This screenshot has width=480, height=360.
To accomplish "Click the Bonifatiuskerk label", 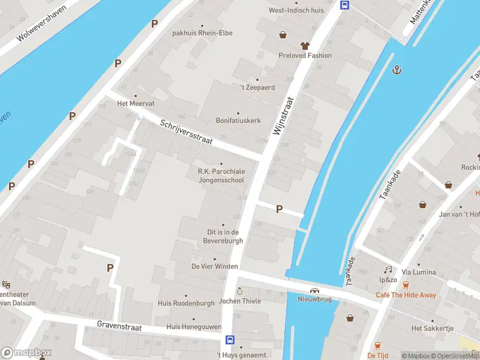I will tap(238, 121).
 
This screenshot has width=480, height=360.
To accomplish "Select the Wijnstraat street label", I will tap(285, 116).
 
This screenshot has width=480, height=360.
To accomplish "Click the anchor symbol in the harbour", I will tap(396, 70).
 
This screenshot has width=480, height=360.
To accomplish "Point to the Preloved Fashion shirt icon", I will tap(305, 46).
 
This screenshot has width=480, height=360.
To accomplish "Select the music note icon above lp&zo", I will tap(388, 270).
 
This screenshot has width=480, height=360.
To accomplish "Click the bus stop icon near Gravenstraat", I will tap(229, 340).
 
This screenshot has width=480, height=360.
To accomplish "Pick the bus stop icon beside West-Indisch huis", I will tap(345, 5).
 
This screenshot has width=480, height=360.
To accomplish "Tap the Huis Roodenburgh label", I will tap(186, 304).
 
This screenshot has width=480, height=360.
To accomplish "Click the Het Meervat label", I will tap(136, 103).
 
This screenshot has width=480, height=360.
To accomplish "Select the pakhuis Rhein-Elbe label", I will tap(202, 33).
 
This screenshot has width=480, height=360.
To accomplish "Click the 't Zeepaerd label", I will tap(257, 88).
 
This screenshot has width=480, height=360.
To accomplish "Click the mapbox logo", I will tap(26, 353).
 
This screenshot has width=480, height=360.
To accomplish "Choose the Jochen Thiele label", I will tap(240, 301).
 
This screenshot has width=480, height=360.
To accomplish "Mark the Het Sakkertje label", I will tap(432, 328).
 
